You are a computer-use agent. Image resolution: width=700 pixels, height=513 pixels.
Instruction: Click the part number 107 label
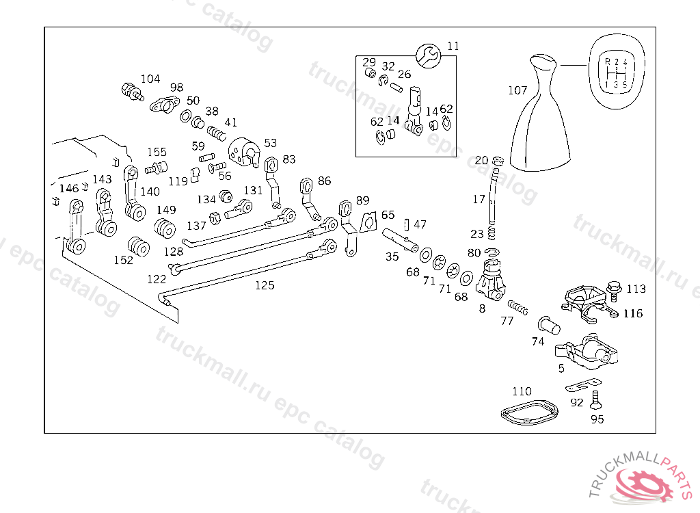518,90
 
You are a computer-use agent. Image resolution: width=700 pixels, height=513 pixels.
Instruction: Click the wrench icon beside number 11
429,56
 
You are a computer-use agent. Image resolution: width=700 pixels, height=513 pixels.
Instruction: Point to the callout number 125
265,285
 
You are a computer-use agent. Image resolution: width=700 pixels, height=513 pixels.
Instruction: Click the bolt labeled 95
595,399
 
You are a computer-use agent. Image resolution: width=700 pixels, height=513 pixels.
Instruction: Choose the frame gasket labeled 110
530,412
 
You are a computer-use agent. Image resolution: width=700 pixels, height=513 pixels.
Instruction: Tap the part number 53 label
271,143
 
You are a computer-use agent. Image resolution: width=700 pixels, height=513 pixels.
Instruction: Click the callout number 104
150,79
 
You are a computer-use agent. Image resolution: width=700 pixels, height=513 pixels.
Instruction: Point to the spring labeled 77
518,307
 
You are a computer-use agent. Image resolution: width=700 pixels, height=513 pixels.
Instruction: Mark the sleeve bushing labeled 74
549,326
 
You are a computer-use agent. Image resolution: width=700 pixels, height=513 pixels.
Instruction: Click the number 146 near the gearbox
69,189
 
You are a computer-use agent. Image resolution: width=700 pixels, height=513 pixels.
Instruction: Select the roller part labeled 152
138,246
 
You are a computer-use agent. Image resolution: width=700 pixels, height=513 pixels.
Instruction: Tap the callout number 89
362,200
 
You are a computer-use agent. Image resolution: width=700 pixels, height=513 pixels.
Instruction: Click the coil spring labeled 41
217,133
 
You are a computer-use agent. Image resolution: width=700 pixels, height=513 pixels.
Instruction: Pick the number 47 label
420,224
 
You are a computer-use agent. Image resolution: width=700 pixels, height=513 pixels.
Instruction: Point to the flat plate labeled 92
583,384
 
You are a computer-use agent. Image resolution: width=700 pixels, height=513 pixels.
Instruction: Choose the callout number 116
633,314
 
